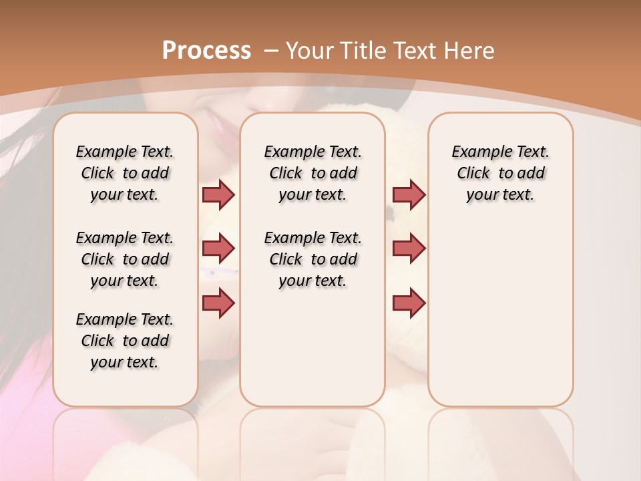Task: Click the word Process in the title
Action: click(207, 51)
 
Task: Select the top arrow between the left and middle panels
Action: click(218, 194)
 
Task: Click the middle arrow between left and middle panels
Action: click(218, 249)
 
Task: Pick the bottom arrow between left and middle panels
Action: click(218, 303)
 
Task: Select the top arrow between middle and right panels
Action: click(409, 194)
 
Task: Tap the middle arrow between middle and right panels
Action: click(409, 249)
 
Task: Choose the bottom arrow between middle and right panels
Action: click(409, 303)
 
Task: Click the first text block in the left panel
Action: click(125, 173)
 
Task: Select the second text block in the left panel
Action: click(125, 259)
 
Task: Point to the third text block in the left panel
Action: click(125, 341)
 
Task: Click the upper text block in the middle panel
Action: click(312, 173)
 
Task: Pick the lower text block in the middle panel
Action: click(312, 259)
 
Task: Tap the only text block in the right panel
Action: click(500, 173)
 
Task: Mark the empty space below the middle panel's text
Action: click(312, 347)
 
